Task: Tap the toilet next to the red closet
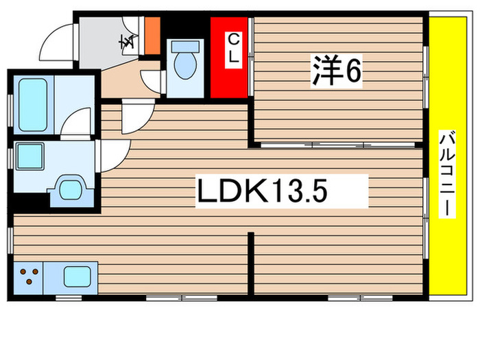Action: click(x=183, y=62)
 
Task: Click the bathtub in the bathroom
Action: click(x=32, y=103)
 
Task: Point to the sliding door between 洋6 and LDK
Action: click(x=336, y=145)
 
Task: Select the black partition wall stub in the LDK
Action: click(x=251, y=264)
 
